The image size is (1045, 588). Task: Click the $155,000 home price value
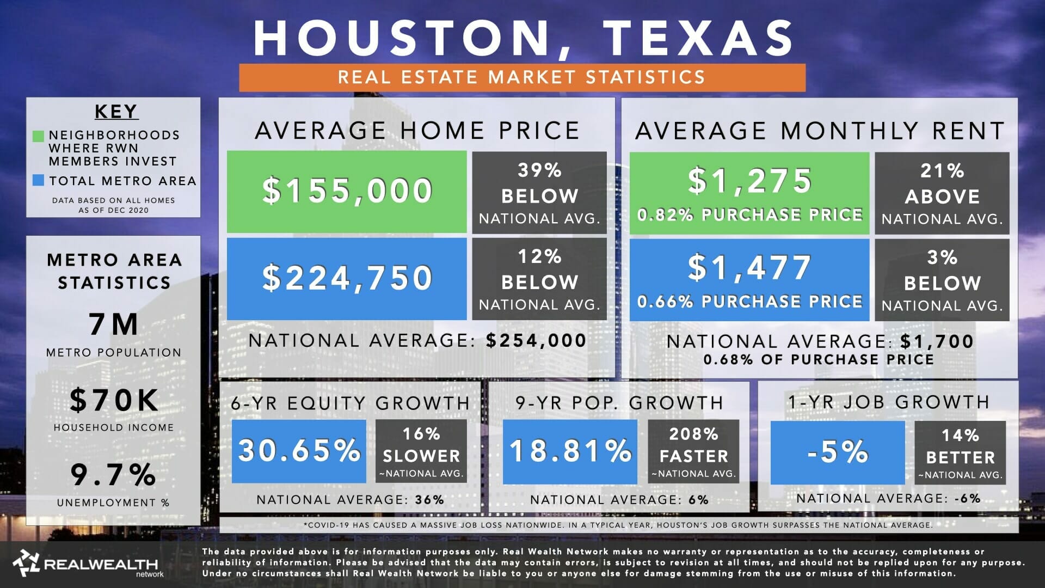tap(347, 191)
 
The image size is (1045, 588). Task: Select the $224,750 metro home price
tap(347, 278)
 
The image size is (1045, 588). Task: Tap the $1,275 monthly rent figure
tap(750, 181)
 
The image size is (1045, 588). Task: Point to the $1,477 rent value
tap(750, 268)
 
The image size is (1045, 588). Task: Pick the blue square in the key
tap(38, 181)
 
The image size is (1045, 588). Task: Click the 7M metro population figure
tap(114, 324)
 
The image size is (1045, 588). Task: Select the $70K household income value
tap(114, 400)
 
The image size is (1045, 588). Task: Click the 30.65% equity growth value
tap(299, 451)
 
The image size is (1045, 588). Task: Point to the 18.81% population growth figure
tap(570, 451)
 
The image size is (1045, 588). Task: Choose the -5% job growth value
tap(838, 452)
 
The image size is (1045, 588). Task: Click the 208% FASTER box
tap(693, 451)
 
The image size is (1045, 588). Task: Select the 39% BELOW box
tap(539, 193)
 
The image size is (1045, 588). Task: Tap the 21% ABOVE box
tap(942, 193)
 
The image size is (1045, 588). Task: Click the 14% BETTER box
tap(960, 452)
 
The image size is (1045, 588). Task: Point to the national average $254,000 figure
tap(536, 341)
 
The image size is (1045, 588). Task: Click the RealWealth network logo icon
tap(26, 563)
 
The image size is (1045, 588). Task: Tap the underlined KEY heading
tap(116, 111)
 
